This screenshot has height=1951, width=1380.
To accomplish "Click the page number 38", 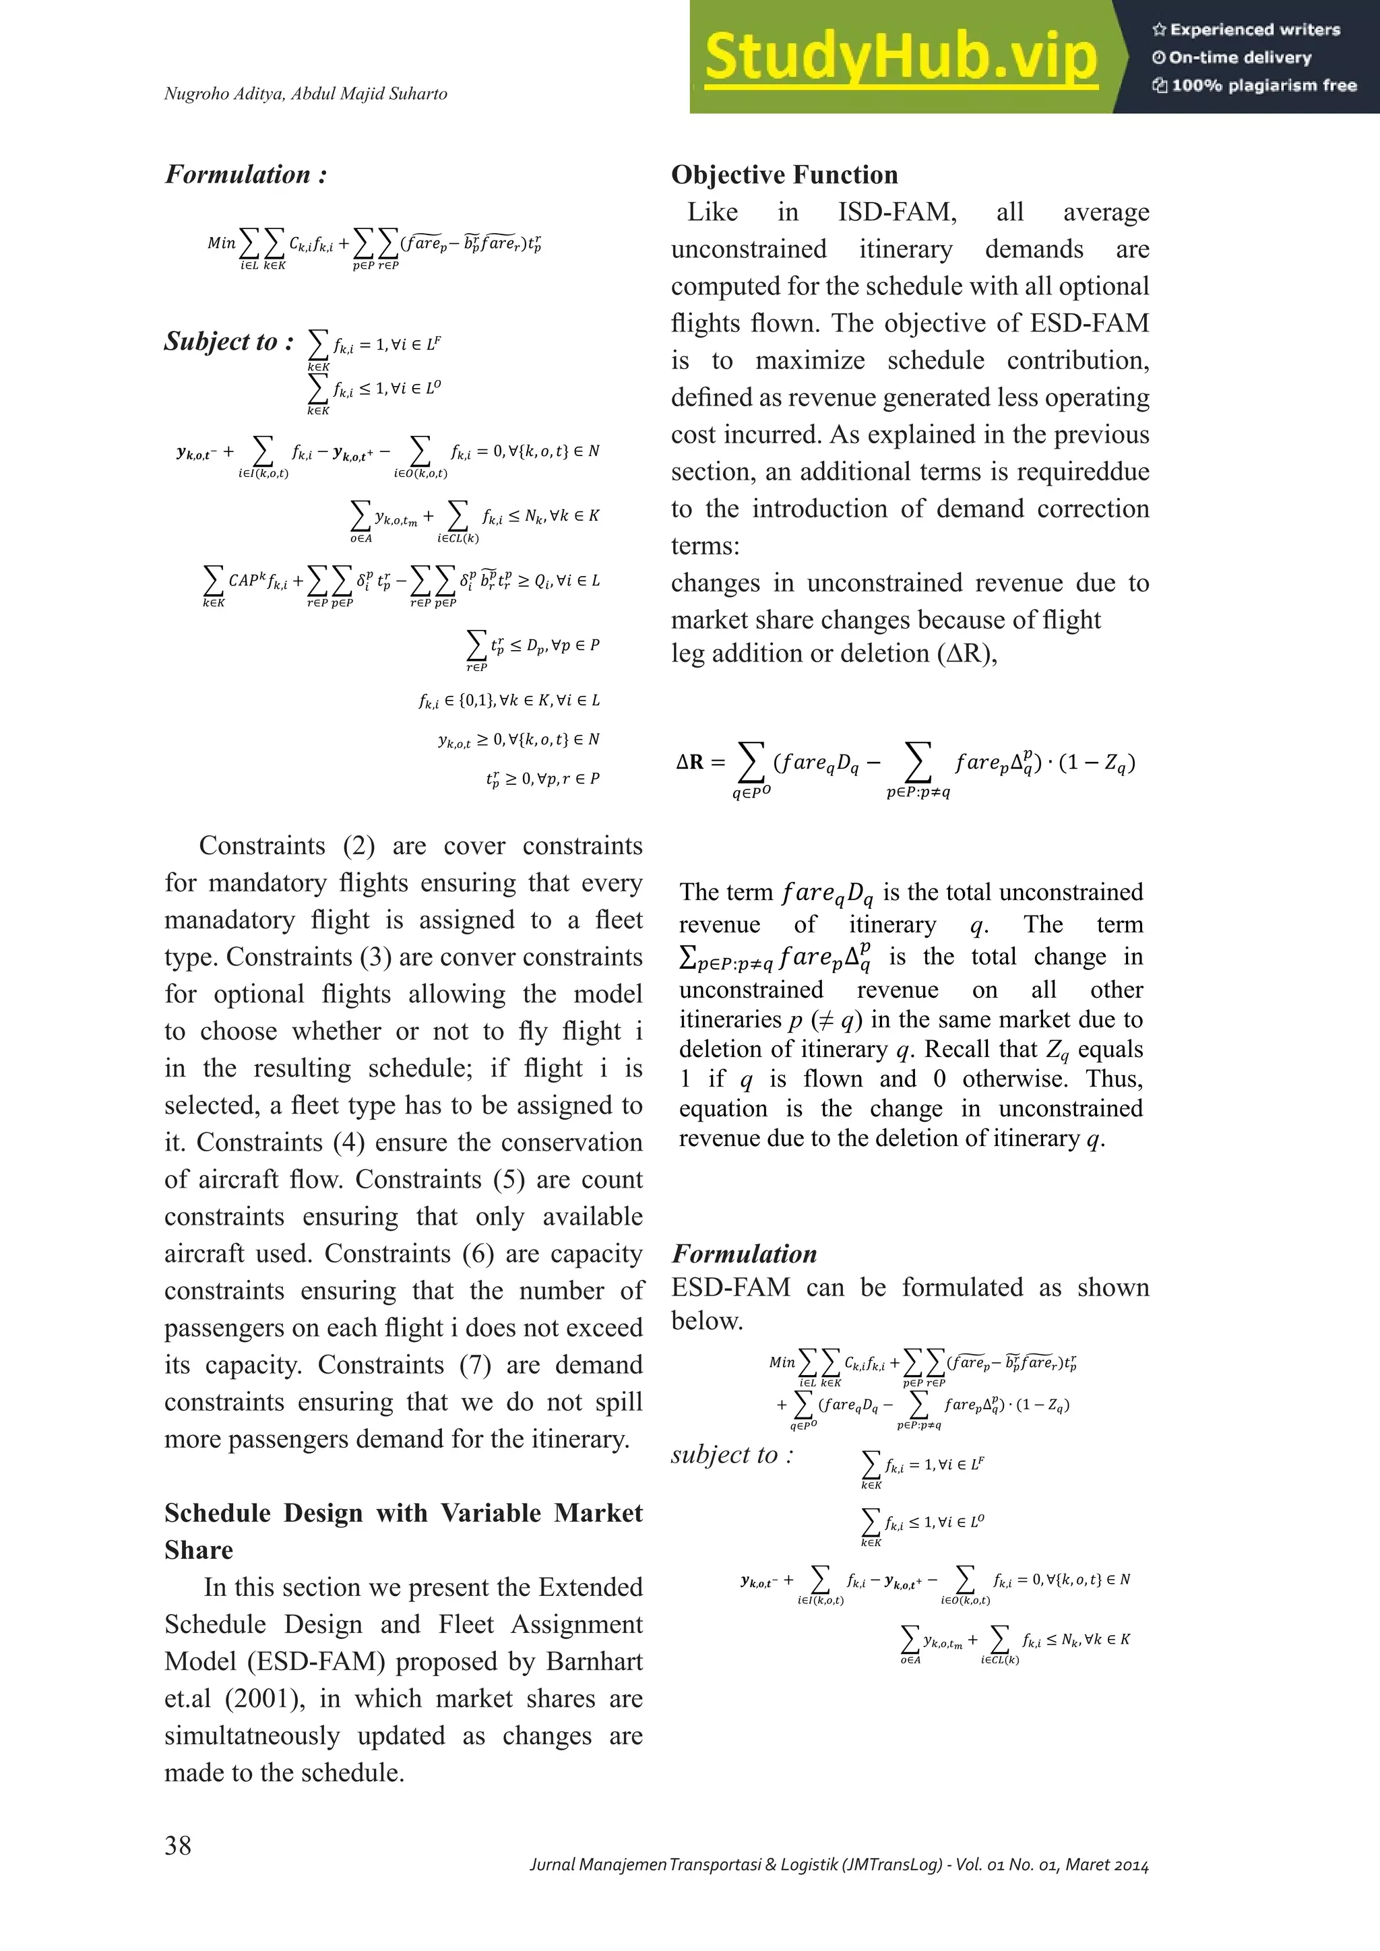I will coord(179,1845).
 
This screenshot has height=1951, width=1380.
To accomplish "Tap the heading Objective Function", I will coord(784,175).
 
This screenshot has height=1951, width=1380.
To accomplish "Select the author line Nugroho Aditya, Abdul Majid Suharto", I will coord(305,94).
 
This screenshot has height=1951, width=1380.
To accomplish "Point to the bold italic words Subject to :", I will coord(228,342).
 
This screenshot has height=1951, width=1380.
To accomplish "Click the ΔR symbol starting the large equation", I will coord(689,762).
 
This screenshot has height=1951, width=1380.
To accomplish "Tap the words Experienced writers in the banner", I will coord(1253,30).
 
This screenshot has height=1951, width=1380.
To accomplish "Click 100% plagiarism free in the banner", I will coord(1263,85).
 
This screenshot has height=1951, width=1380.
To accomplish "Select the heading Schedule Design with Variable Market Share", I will coord(403,1531).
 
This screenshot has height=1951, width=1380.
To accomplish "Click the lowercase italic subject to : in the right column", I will coord(732,1454).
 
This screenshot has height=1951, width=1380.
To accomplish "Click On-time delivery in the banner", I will coord(1239,58).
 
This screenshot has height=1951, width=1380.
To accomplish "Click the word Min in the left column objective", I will coord(222,243).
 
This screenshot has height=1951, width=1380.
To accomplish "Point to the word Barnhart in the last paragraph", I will coord(594,1661).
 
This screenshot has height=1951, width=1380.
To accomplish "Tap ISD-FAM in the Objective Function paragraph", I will coord(896,212).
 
